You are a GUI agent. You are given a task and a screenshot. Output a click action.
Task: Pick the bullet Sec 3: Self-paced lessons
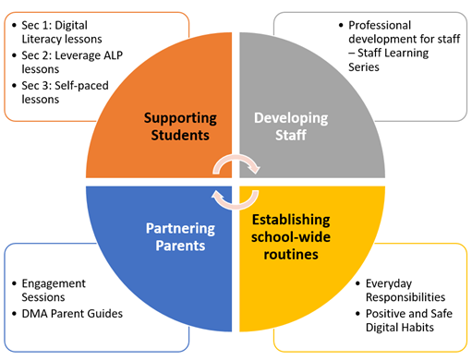tap(59, 93)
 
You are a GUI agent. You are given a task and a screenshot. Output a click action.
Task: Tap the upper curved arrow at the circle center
tap(237, 163)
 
